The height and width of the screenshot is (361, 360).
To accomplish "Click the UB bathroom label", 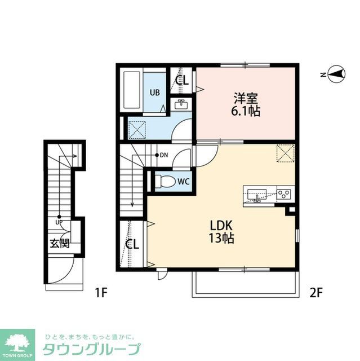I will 154,92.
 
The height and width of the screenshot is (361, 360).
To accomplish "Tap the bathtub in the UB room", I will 133,91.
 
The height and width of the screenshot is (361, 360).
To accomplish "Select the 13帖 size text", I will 221,239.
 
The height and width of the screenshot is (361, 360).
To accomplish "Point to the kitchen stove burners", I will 283,195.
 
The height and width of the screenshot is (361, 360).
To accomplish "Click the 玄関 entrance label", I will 59,244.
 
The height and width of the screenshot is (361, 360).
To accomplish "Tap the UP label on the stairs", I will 59,222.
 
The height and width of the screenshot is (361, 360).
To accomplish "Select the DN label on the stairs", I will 163,155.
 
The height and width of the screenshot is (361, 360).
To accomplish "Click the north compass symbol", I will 335,74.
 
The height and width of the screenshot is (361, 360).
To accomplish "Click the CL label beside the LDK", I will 132,244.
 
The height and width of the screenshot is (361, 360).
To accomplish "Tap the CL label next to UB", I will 181,80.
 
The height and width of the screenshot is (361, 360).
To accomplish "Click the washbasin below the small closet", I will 181,104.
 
